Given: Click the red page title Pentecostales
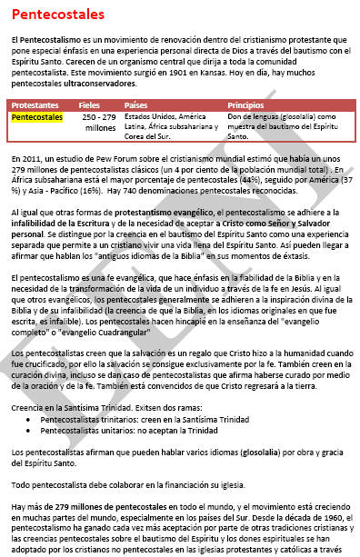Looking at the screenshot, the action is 56,15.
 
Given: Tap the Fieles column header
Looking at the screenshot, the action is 90,105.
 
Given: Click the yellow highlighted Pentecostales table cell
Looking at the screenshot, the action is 37,118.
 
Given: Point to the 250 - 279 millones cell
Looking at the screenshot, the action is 99,123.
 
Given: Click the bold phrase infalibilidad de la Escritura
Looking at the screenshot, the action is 61,223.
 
